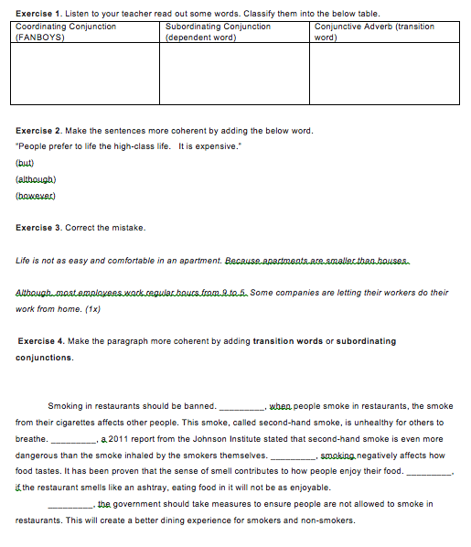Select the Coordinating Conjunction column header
pyautogui.click(x=66, y=27)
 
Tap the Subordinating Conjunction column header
pyautogui.click(x=218, y=27)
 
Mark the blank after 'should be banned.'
pyautogui.click(x=241, y=406)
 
